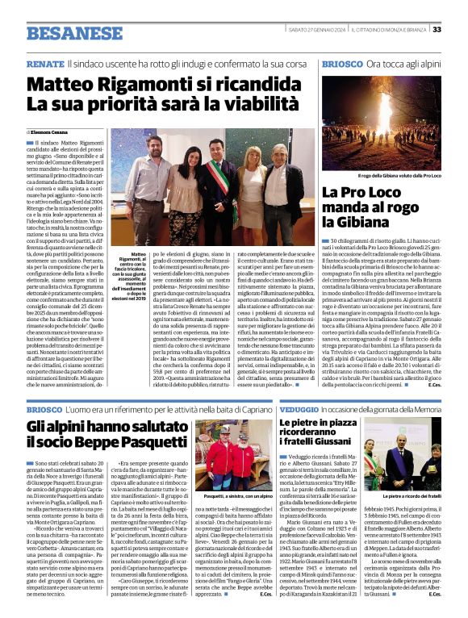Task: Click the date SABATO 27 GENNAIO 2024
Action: coord(323,30)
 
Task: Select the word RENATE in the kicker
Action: coord(45,62)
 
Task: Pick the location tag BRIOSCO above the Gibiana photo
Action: coord(340,62)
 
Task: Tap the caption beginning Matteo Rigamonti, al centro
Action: coord(129,267)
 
